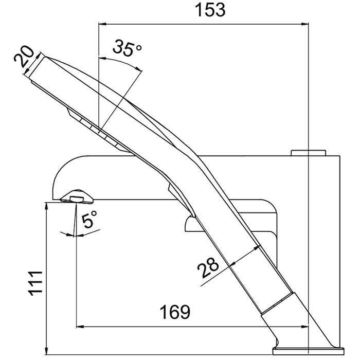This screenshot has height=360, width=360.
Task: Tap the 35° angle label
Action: pyautogui.click(x=127, y=50)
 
